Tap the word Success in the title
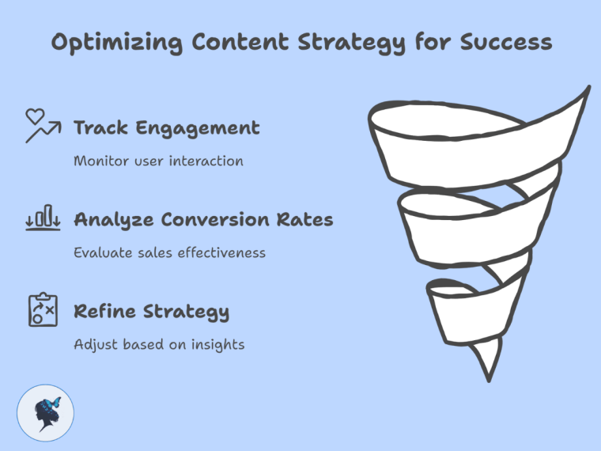pos(504,41)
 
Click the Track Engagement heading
pos(166,127)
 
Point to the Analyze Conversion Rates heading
pos(203,219)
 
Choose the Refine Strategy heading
pos(151,311)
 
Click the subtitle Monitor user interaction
pos(158,161)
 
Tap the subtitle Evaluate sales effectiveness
pos(169,252)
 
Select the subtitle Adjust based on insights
pos(159,344)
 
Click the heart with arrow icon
pos(43,126)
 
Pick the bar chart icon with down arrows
pos(43,218)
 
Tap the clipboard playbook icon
pos(43,309)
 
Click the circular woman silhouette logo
pos(45,413)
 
